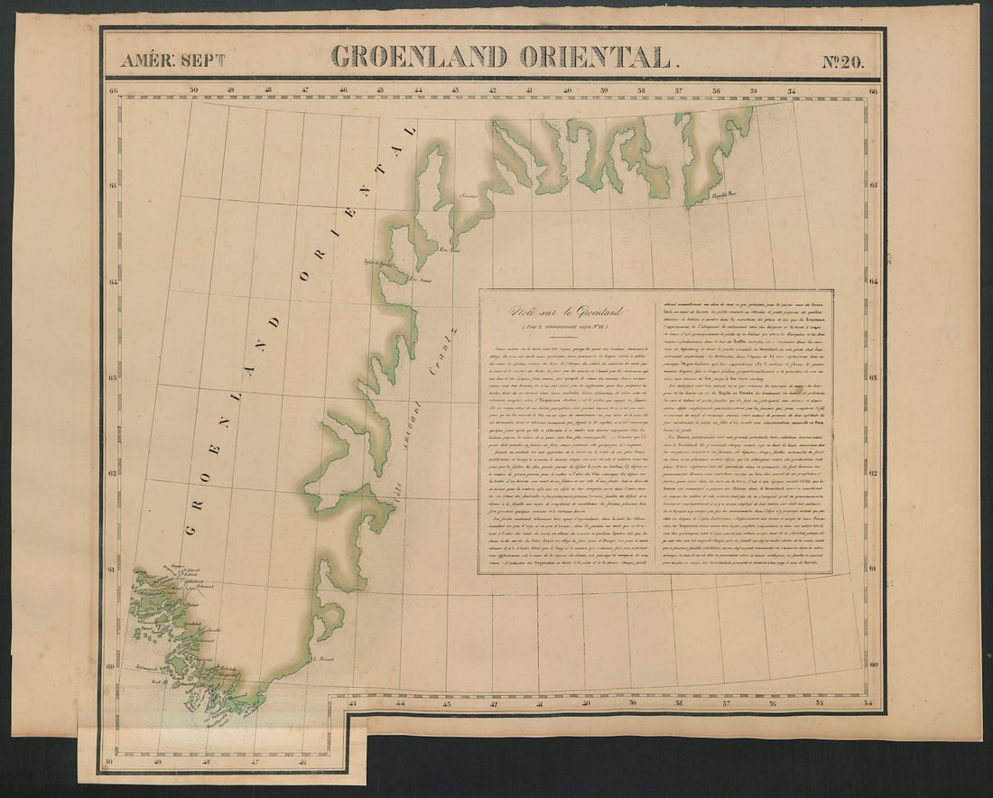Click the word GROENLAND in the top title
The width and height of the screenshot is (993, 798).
pyautogui.click(x=421, y=57)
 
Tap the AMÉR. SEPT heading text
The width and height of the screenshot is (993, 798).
pyautogui.click(x=173, y=60)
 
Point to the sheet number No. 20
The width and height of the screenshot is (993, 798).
pyautogui.click(x=842, y=61)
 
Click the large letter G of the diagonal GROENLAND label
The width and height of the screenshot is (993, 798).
pyautogui.click(x=190, y=529)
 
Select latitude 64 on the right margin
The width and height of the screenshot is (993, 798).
pyautogui.click(x=874, y=282)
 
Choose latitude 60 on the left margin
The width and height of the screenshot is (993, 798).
pyautogui.click(x=111, y=666)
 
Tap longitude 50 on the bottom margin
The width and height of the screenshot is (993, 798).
pyautogui.click(x=109, y=763)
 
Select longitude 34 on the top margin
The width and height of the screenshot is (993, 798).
pyautogui.click(x=791, y=90)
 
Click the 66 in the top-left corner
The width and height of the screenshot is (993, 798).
pyautogui.click(x=113, y=90)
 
